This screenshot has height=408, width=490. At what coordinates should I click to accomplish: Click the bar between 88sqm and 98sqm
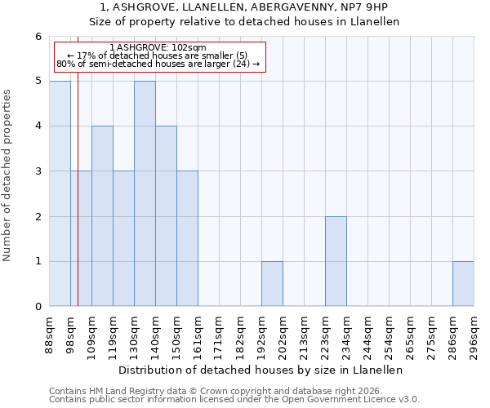click(60, 193)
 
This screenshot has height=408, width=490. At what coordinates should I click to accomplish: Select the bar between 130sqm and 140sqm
click(145, 193)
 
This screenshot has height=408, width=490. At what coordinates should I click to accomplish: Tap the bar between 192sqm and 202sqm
click(272, 284)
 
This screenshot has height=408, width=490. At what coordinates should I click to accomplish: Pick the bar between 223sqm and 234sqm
click(336, 261)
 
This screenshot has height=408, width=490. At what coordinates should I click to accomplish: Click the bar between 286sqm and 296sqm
click(463, 284)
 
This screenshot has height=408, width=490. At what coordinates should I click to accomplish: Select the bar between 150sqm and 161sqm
click(187, 238)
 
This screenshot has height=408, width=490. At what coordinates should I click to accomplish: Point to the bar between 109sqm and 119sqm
click(102, 216)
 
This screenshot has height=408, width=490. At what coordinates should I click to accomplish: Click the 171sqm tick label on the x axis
click(219, 335)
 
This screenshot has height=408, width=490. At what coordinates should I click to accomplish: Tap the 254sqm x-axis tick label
click(389, 335)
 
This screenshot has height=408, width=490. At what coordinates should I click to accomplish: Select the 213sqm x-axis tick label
click(304, 335)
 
